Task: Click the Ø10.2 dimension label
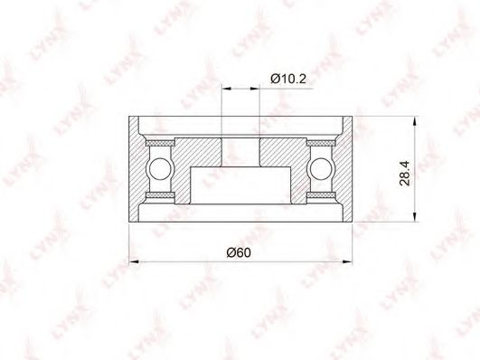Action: click(288, 79)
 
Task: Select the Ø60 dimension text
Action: click(239, 252)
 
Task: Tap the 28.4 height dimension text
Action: click(405, 174)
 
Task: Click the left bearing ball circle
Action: click(159, 168)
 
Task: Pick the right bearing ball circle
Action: click(320, 168)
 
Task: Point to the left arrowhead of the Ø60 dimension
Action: click(134, 261)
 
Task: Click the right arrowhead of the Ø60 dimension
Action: click(347, 261)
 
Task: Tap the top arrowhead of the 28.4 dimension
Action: click(415, 121)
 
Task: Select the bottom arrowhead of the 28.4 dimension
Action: click(415, 216)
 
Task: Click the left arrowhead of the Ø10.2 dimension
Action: click(226, 89)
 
